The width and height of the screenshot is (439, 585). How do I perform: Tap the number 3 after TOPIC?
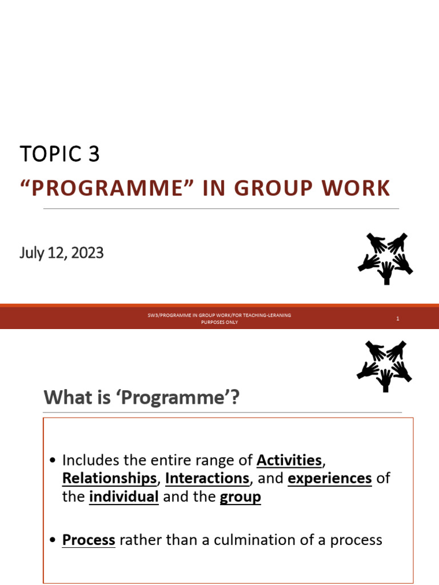94,154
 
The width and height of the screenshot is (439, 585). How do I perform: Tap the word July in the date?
32,253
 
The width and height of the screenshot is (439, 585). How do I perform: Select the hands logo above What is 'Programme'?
385,366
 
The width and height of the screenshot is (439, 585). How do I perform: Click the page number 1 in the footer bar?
397,319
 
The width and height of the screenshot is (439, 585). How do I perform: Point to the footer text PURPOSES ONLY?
219,322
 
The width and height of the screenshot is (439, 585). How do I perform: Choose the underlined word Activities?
289,460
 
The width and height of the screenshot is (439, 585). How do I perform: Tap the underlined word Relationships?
109,478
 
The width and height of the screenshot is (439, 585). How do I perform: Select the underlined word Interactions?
207,478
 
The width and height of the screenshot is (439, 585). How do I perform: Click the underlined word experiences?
330,478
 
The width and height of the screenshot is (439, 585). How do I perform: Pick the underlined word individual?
124,496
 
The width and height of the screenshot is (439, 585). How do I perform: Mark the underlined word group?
240,497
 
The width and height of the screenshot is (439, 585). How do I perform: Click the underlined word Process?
89,540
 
